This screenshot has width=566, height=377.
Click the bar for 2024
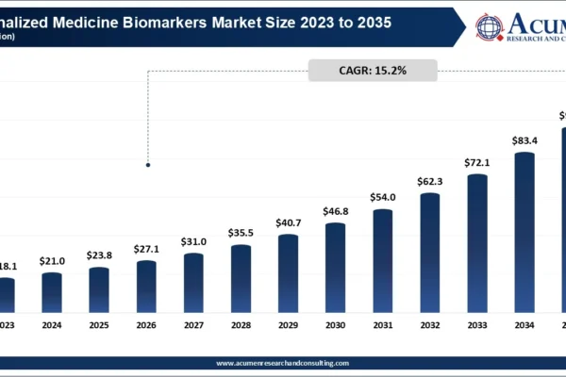tap(52, 292)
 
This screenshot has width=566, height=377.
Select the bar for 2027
tap(193, 283)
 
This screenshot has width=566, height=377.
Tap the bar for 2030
tap(335, 268)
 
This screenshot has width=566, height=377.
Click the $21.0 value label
tap(52, 261)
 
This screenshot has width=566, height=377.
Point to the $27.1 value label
tap(146, 250)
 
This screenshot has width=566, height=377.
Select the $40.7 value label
tap(288, 223)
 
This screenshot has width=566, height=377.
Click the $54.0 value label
tap(382, 198)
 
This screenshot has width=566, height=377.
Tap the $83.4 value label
tap(524, 141)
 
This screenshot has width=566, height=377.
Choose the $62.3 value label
tap(430, 182)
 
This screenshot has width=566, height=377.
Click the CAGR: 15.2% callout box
tap(372, 71)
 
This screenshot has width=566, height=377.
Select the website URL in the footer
tap(283, 363)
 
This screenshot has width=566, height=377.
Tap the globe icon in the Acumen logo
tap(490, 25)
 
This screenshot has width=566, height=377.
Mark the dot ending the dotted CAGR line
tap(147, 165)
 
